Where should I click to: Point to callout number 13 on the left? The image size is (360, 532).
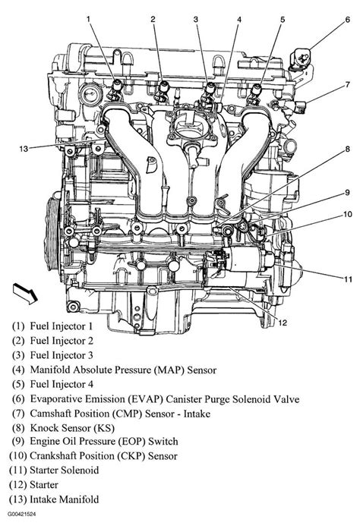(x=25, y=149)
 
